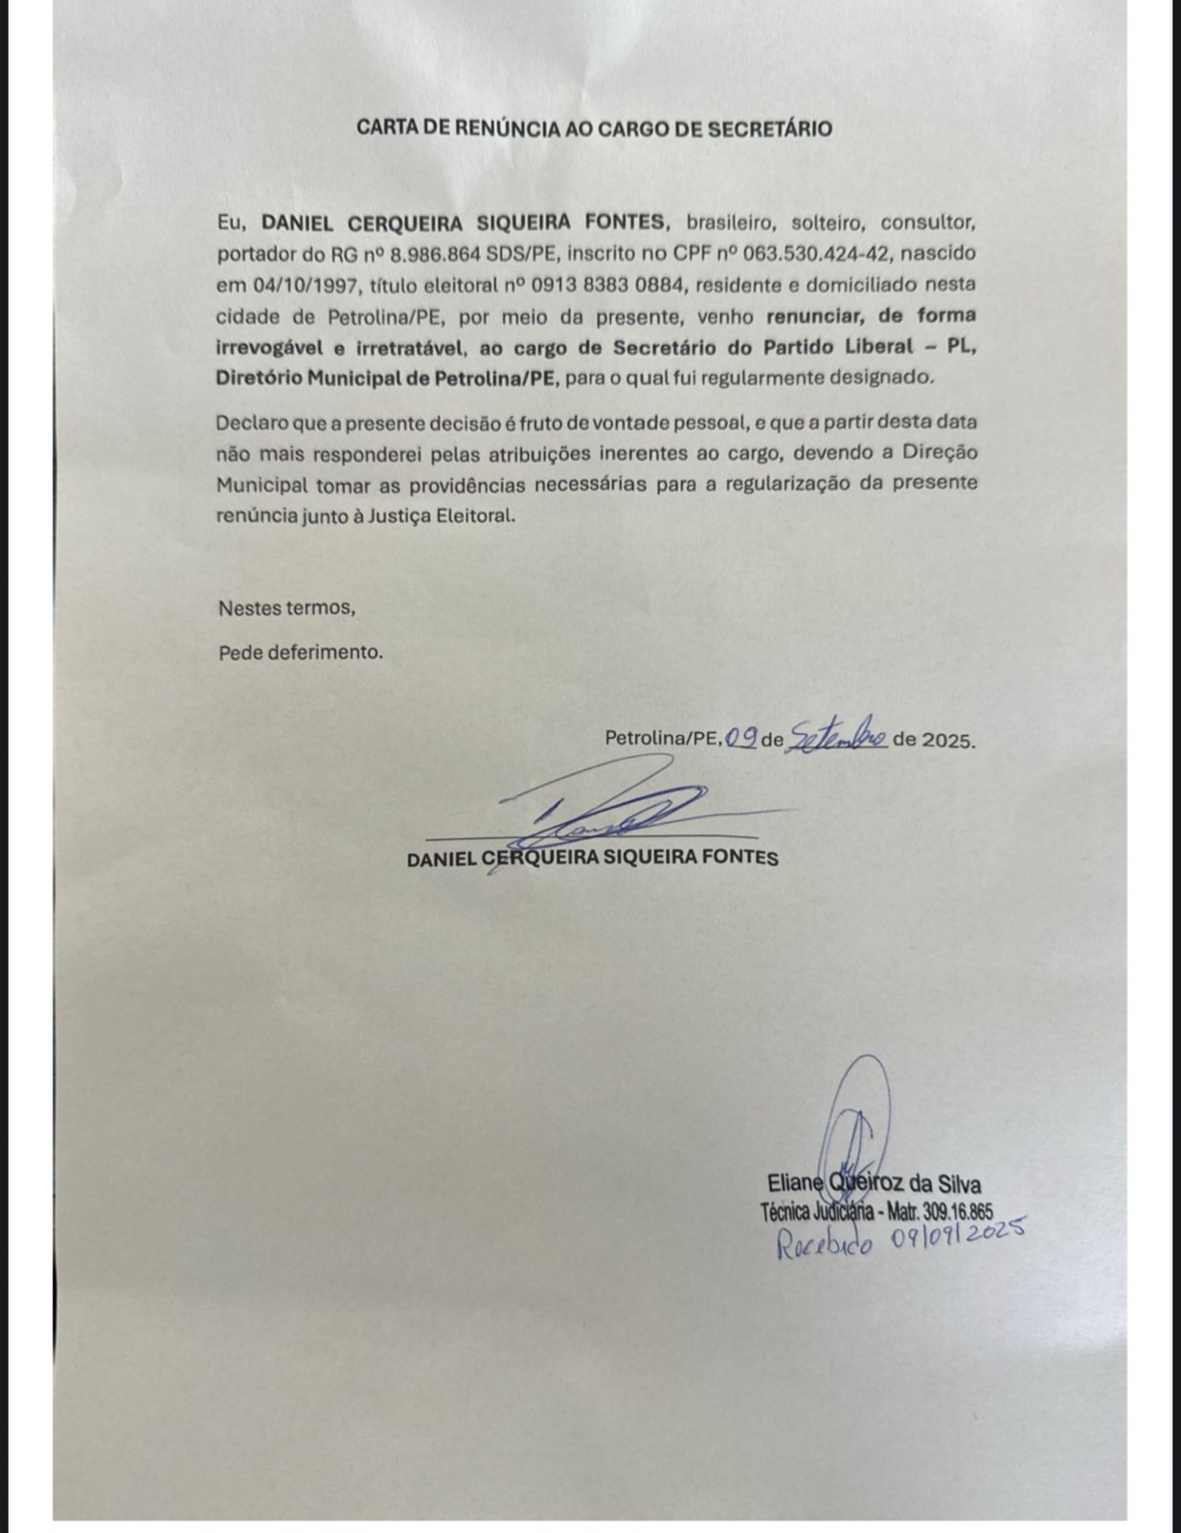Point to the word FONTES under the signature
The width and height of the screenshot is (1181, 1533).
pos(738,858)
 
